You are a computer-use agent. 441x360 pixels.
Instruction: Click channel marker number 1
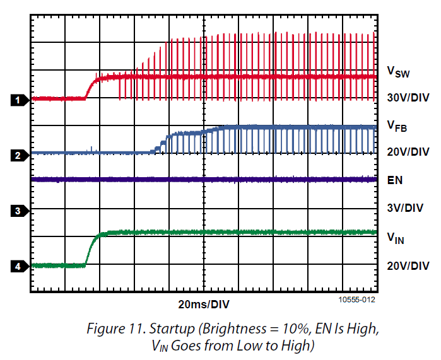pyautogui.click(x=18, y=100)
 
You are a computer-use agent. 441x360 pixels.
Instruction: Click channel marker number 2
pyautogui.click(x=18, y=155)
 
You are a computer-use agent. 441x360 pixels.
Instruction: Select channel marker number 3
pyautogui.click(x=18, y=211)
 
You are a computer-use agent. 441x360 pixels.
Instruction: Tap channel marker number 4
pyautogui.click(x=18, y=267)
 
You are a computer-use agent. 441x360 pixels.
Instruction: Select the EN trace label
pyautogui.click(x=395, y=180)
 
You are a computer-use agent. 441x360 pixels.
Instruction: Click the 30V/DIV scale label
pyautogui.click(x=408, y=98)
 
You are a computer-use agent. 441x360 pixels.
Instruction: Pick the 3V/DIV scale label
pyautogui.click(x=405, y=207)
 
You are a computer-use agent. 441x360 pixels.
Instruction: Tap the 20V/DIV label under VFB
pyautogui.click(x=408, y=152)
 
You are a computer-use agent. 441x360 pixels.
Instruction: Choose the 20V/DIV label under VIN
pyautogui.click(x=408, y=265)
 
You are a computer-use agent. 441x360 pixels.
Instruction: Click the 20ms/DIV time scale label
pyautogui.click(x=203, y=305)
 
